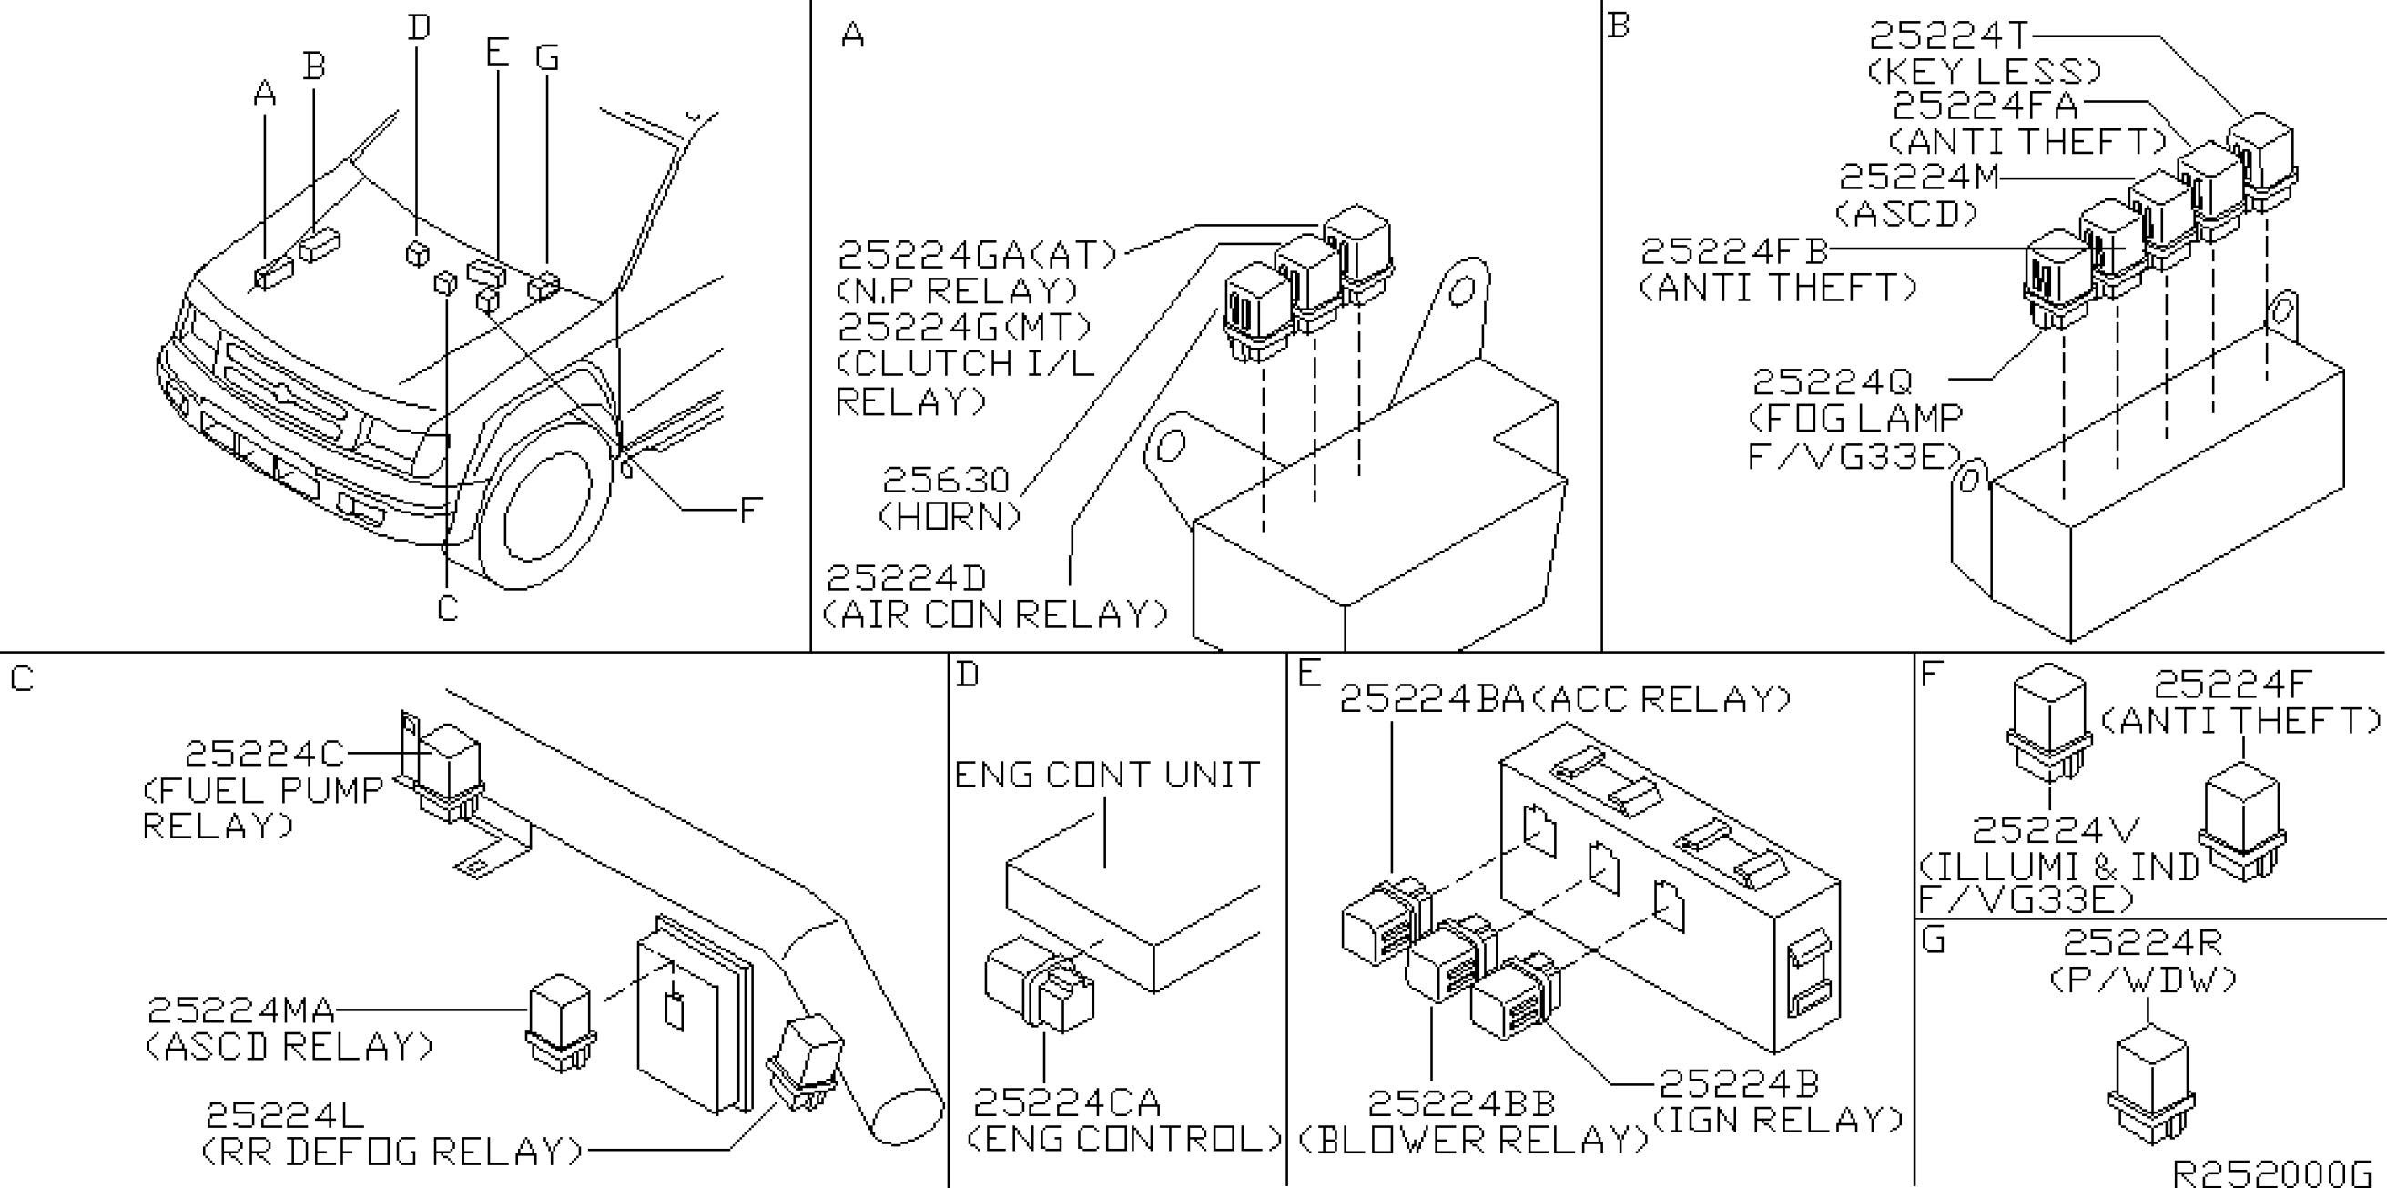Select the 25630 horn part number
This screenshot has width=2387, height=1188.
coord(945,480)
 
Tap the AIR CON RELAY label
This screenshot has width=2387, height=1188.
coord(995,614)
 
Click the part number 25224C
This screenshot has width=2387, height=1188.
coord(265,754)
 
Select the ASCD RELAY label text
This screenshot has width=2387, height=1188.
coord(289,1046)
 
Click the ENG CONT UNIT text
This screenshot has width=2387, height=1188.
coord(1107,775)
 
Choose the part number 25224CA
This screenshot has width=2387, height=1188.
coord(1067,1102)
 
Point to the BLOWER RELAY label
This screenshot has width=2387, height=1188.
coord(1473,1141)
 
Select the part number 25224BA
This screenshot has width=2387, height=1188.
coord(1431,700)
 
